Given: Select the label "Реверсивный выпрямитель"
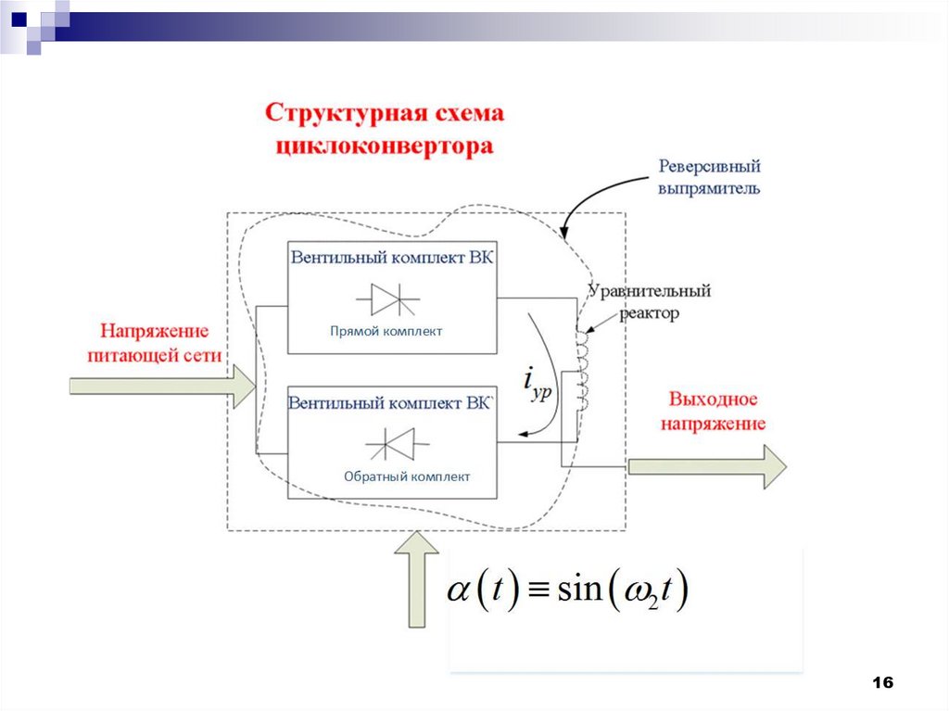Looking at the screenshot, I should [x=709, y=177].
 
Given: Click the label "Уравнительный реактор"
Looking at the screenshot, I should [x=649, y=301].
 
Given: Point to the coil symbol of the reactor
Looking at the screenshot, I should [x=583, y=371].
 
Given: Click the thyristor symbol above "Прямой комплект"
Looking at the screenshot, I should [x=387, y=299].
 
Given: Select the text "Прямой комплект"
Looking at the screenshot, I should [x=386, y=331].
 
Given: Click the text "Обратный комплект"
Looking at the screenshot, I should [x=407, y=476].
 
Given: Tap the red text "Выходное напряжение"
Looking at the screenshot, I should [x=713, y=412].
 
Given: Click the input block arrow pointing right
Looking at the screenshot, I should [x=162, y=386].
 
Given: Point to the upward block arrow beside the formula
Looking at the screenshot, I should [x=416, y=584].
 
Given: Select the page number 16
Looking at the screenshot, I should [x=882, y=683].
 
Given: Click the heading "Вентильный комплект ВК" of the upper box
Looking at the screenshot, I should [x=391, y=257].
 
